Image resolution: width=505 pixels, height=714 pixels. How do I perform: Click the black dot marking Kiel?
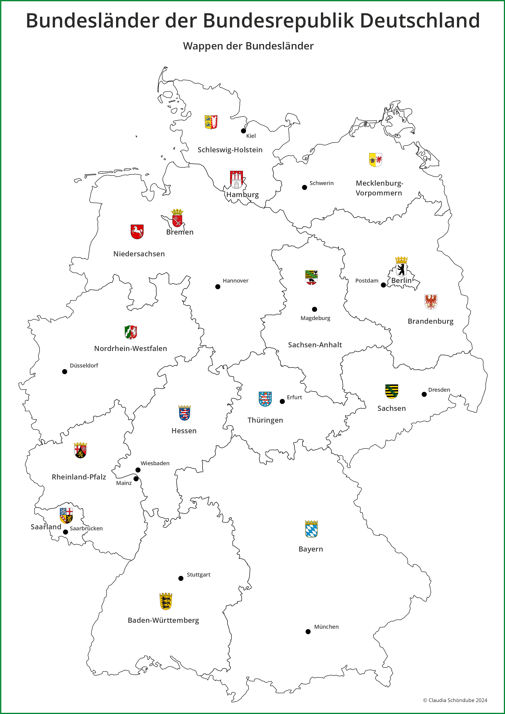tap(244, 131)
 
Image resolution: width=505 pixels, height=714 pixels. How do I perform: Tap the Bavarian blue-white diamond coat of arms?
tap(311, 529)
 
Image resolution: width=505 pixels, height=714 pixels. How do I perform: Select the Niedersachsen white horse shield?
tap(137, 232)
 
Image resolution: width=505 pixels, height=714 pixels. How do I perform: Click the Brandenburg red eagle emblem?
tap(431, 302)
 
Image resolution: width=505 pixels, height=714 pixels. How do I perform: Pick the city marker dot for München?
tap(308, 632)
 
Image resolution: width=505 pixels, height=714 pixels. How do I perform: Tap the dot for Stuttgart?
tap(181, 578)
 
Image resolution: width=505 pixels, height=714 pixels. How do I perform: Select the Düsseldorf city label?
tap(84, 366)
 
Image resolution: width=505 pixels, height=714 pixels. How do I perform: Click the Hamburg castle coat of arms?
tap(236, 180)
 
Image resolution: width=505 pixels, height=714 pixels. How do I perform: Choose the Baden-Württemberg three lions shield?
tap(166, 601)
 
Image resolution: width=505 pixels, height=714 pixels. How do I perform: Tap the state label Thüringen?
tap(265, 420)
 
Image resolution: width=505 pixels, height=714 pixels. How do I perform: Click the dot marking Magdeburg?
tap(314, 309)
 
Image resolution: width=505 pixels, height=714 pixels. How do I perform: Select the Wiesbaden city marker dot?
tap(138, 470)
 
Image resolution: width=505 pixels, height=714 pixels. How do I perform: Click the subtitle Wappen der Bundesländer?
tap(248, 46)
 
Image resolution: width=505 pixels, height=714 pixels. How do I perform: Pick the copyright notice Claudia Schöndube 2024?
tap(455, 700)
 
